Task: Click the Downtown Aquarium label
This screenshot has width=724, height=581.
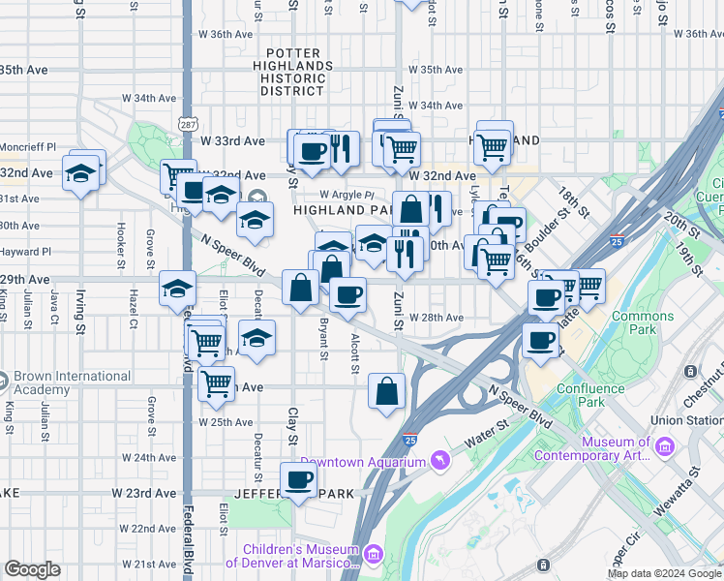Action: click(x=363, y=462)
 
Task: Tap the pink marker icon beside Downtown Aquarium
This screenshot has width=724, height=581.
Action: click(x=441, y=459)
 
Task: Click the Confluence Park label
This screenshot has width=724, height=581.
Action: click(x=594, y=395)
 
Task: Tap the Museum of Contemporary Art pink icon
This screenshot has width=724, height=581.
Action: click(x=665, y=446)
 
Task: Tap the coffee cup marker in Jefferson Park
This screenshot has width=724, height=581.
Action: click(x=298, y=480)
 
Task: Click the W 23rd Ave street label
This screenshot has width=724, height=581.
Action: click(x=143, y=493)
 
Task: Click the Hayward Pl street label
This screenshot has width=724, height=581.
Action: click(x=27, y=251)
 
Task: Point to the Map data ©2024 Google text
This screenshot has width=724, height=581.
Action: click(x=663, y=573)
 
